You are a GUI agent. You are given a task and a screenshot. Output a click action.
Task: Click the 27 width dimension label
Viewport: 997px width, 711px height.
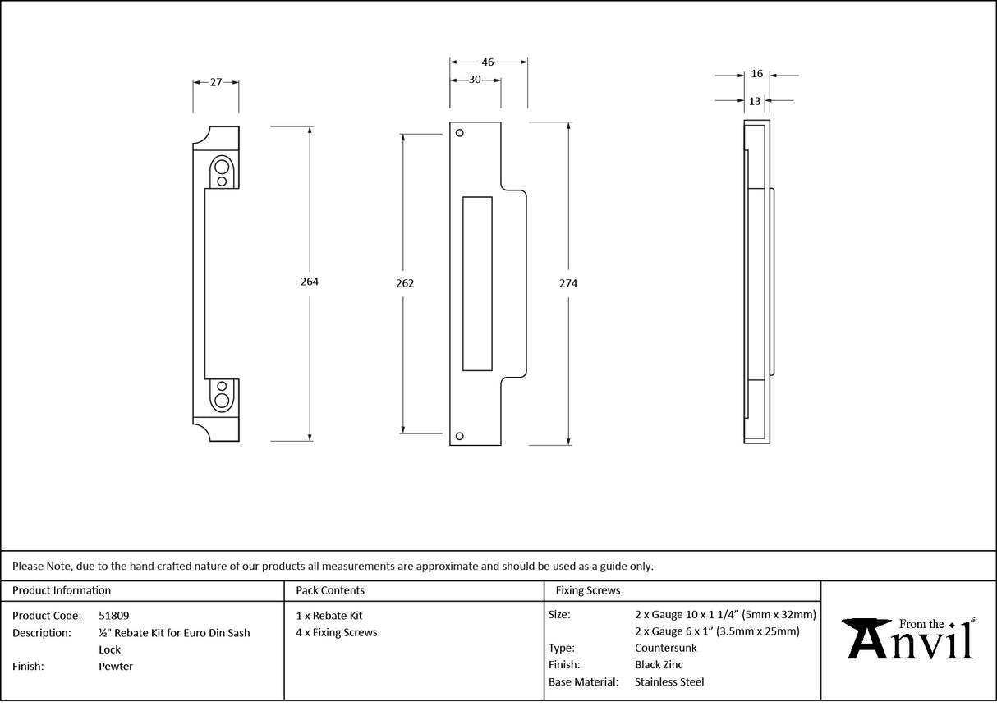click(x=216, y=82)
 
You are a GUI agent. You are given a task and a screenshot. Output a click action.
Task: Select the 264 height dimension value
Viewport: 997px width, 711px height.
click(x=310, y=282)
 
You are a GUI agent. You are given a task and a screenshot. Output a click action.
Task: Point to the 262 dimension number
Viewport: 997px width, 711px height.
click(x=404, y=283)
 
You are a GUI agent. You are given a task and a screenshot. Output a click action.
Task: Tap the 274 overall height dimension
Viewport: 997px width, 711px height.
click(x=568, y=283)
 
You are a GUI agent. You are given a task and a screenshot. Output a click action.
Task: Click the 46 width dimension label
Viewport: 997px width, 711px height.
click(x=488, y=62)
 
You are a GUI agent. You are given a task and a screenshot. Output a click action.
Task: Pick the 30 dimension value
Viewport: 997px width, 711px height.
click(x=475, y=80)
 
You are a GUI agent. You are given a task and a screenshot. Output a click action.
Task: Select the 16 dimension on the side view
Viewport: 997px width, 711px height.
click(x=756, y=74)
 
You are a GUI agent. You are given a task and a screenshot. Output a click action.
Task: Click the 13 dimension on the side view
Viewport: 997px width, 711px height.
click(x=755, y=101)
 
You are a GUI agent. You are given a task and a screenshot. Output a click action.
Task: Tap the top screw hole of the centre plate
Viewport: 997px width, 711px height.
click(x=460, y=133)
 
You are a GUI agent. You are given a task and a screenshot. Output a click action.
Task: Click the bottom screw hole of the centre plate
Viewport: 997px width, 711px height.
click(x=460, y=436)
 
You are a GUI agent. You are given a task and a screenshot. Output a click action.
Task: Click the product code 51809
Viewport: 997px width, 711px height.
click(x=113, y=615)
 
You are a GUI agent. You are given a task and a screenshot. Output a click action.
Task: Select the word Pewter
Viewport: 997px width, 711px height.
click(x=116, y=667)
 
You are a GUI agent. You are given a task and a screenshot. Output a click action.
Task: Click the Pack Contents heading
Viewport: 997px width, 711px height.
click(x=330, y=590)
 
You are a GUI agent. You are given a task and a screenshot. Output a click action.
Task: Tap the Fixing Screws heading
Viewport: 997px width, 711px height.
click(x=588, y=590)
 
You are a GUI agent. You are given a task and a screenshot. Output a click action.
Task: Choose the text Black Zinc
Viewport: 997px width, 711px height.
click(x=659, y=665)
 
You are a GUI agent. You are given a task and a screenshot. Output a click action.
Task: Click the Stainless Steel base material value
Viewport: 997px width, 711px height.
click(x=669, y=681)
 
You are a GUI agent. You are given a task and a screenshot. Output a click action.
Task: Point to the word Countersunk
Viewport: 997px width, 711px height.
click(x=665, y=648)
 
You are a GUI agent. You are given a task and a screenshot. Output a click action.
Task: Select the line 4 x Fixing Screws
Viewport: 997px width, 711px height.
click(x=337, y=632)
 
